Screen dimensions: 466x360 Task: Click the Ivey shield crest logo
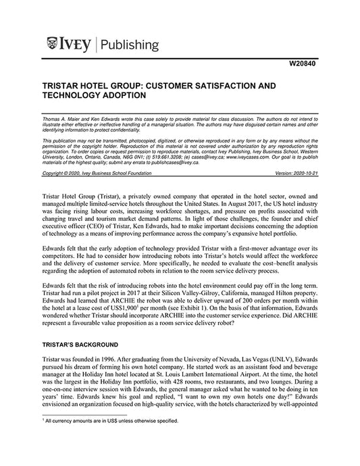(x=53, y=45)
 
